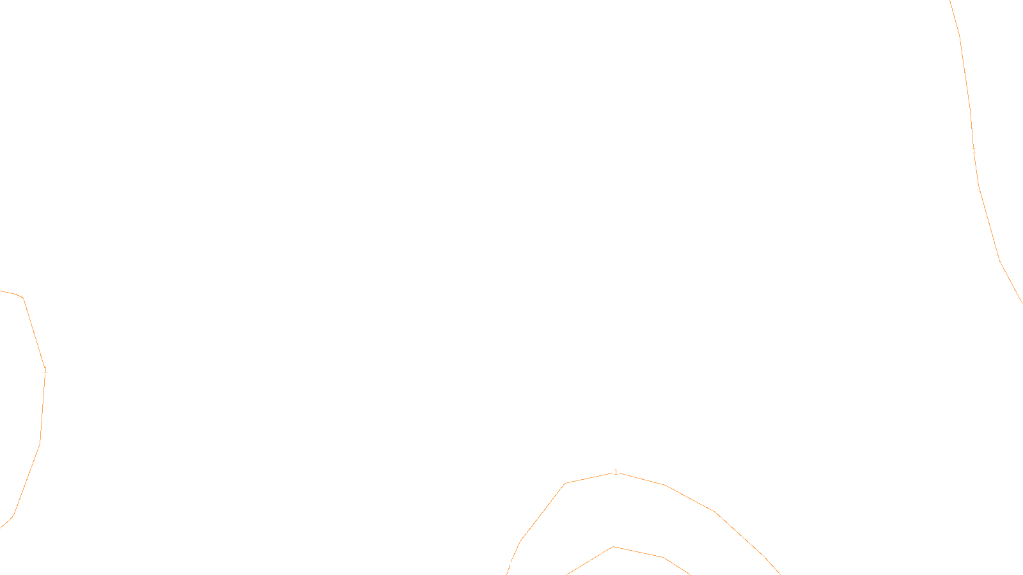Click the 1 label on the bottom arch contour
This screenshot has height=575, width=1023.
[616, 472]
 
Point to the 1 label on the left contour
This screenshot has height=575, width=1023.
[45, 370]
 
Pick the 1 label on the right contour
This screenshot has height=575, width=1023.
[974, 152]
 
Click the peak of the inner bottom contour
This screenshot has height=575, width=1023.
[613, 547]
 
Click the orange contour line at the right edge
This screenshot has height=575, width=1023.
[988, 224]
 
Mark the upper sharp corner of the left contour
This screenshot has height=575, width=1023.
[23, 298]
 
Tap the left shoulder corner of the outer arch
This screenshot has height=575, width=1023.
[565, 484]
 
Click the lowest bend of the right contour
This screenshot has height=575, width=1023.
[999, 260]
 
